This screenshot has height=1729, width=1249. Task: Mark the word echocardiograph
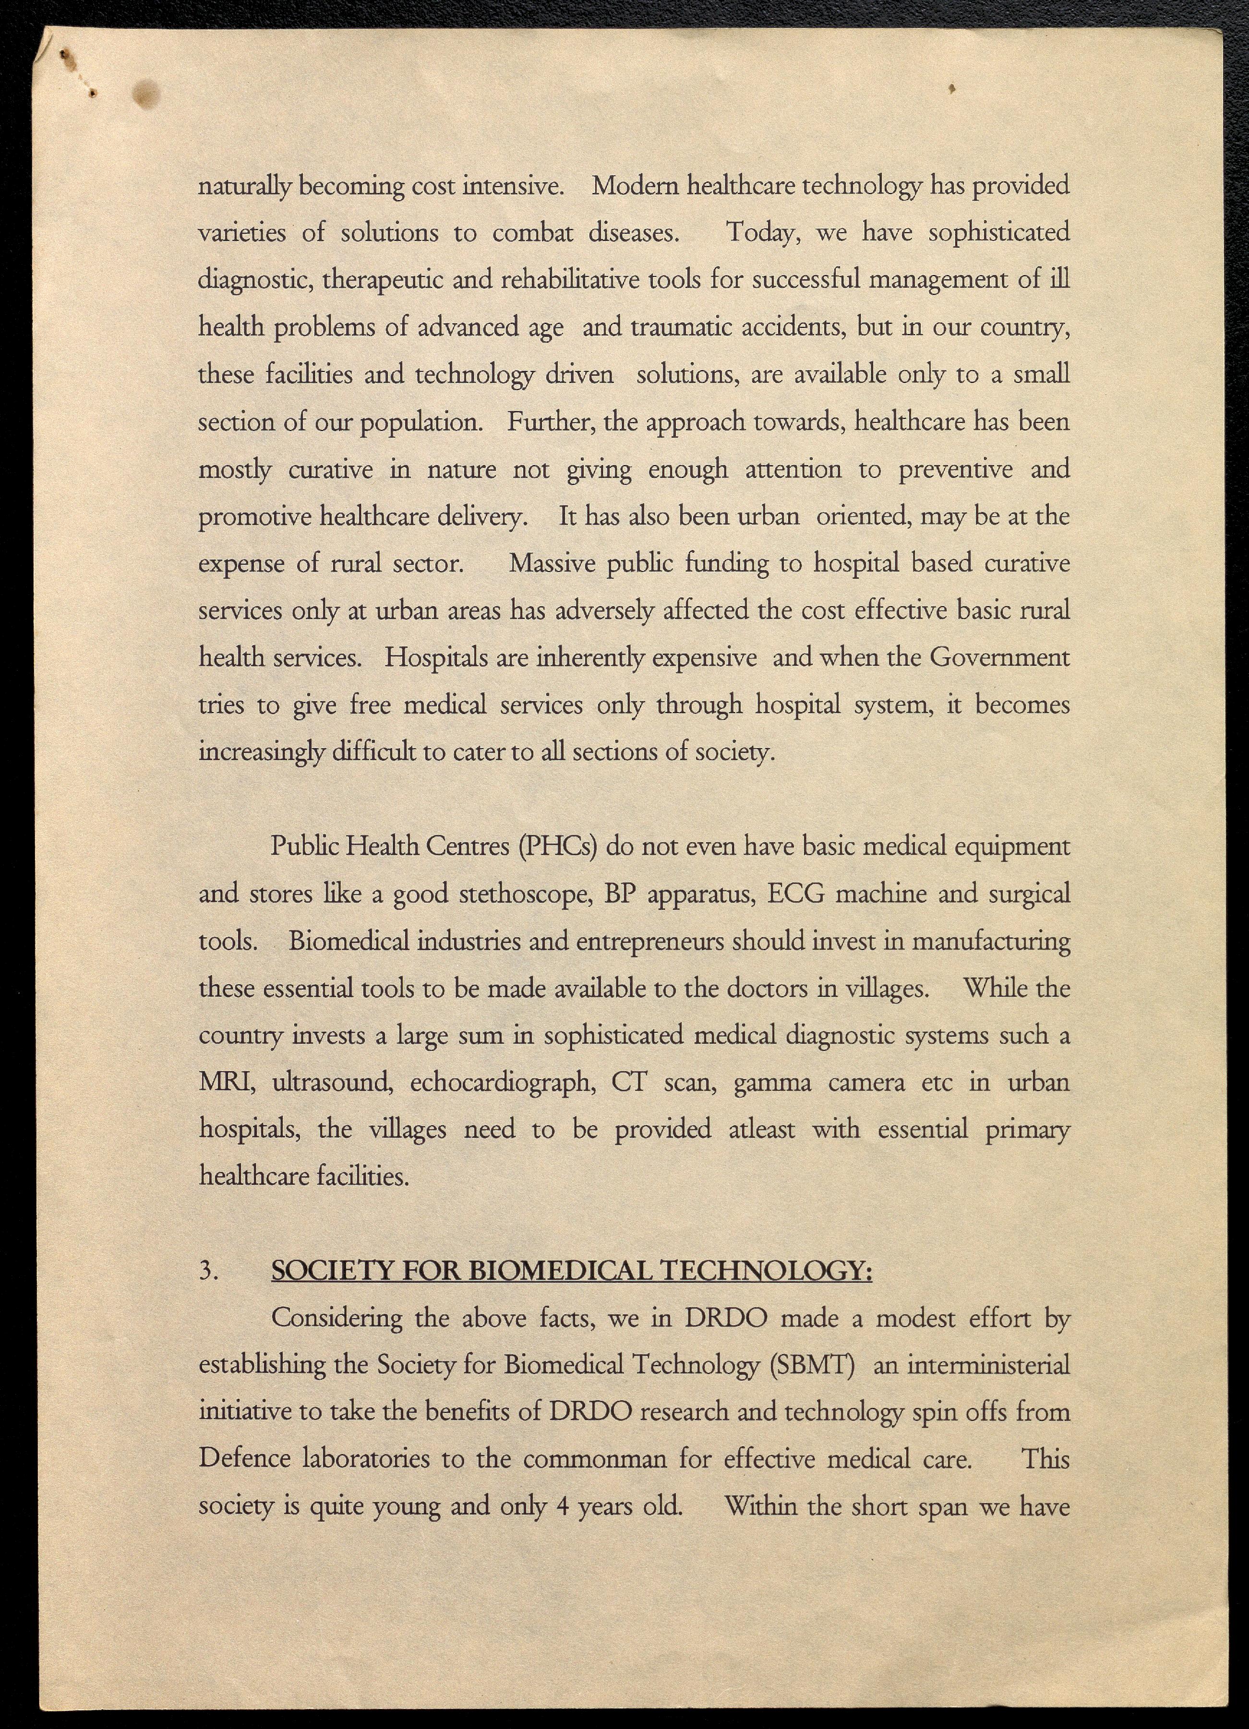503,1083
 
